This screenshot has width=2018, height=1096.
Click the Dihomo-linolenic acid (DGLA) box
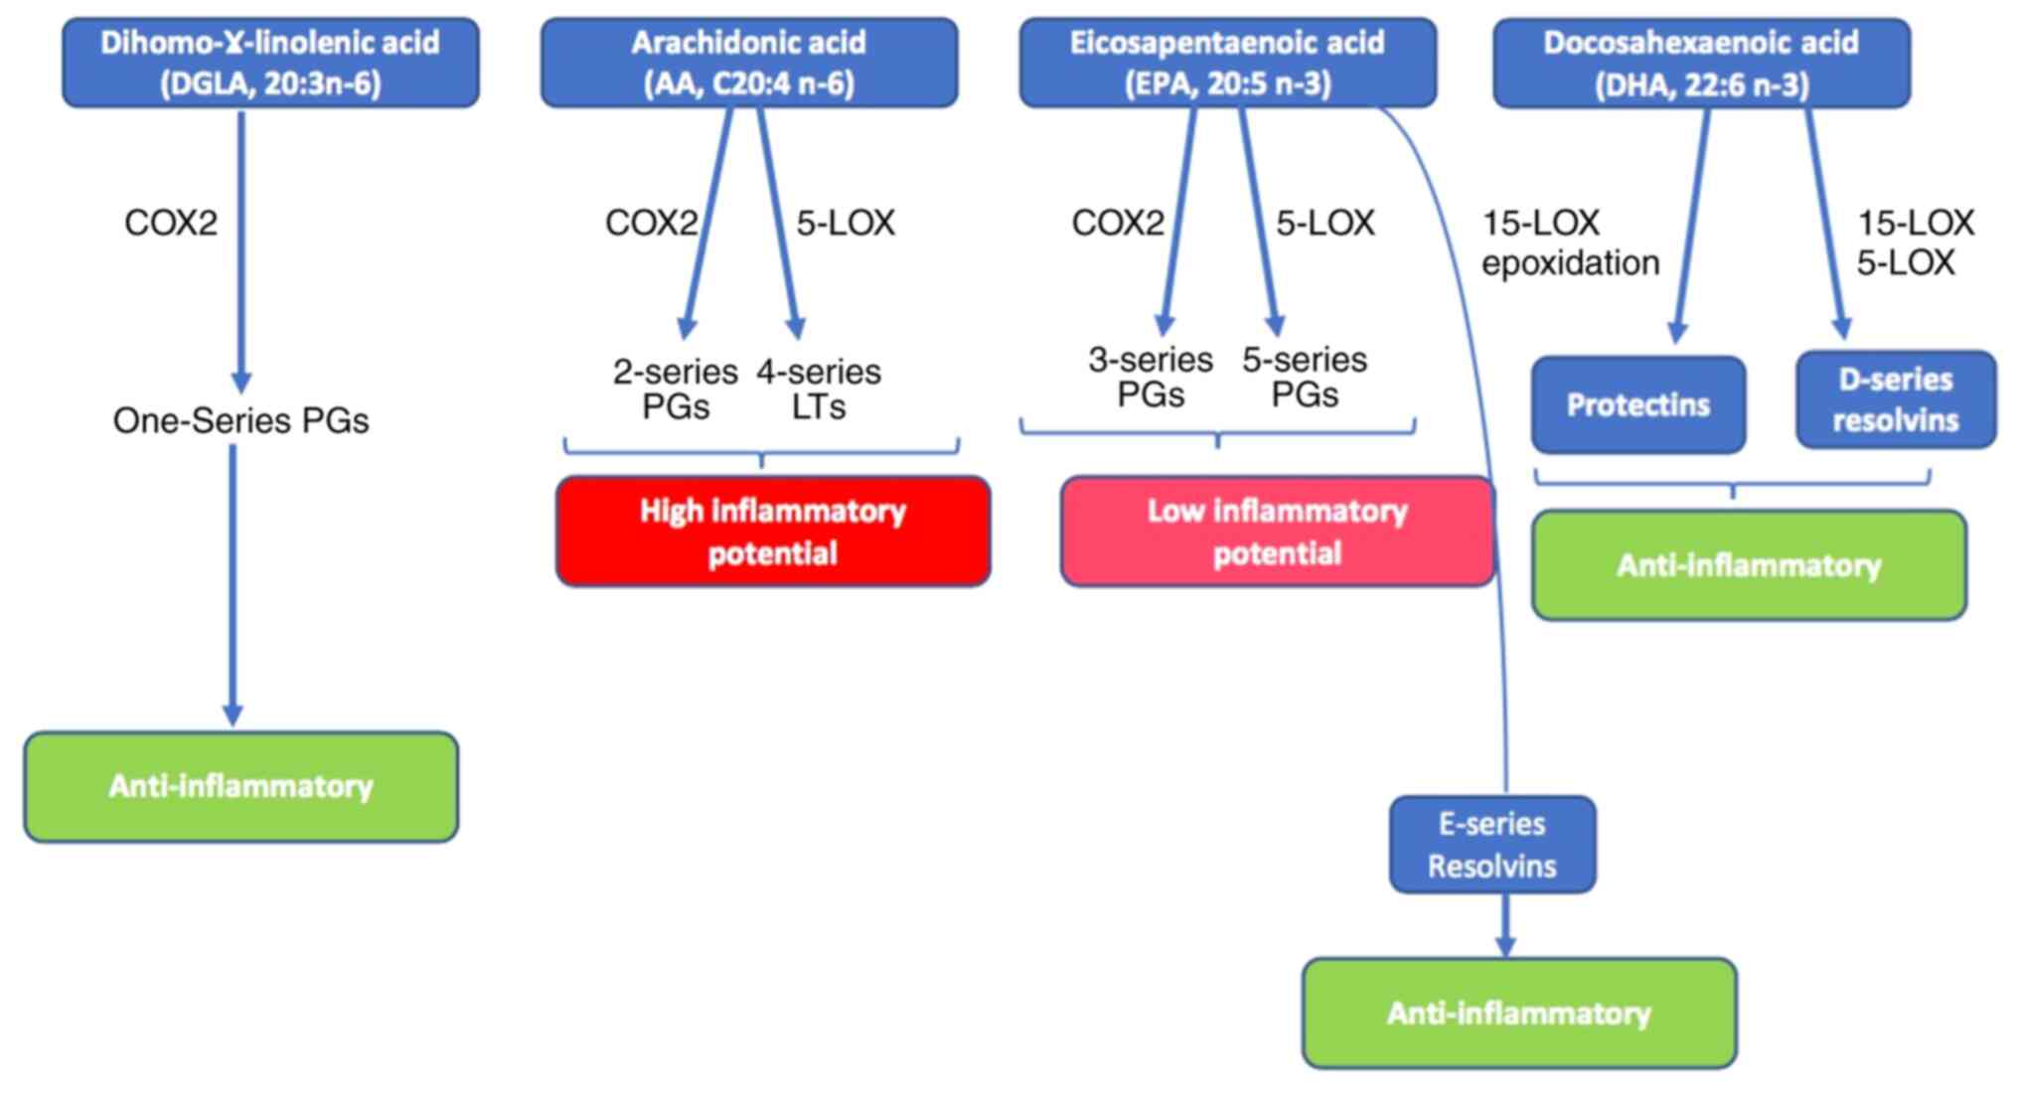(270, 62)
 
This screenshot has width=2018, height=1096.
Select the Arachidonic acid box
(749, 62)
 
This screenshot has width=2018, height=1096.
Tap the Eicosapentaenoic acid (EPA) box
(1227, 62)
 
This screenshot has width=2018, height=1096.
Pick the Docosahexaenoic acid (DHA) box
(1701, 62)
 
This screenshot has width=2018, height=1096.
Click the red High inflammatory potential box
(773, 532)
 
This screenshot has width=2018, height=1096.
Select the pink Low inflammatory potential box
(1277, 532)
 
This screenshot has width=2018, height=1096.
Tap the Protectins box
(1637, 404)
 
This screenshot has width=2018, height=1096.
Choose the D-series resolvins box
(1896, 399)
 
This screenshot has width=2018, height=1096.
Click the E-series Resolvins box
(1492, 845)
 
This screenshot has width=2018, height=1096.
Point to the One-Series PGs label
(240, 420)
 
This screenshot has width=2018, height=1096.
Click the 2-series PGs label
(676, 389)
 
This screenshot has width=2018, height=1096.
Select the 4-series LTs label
(819, 389)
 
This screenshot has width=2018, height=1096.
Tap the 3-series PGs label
(1151, 377)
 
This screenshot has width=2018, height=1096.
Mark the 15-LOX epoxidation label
(1570, 242)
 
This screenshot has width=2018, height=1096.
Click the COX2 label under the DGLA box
(171, 223)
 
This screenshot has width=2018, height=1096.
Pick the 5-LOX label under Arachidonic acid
(846, 223)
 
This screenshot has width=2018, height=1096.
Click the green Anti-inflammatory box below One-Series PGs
(241, 787)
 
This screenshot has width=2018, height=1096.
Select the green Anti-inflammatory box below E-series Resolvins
(1519, 1014)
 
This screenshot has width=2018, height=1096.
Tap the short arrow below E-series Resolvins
(1505, 925)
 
